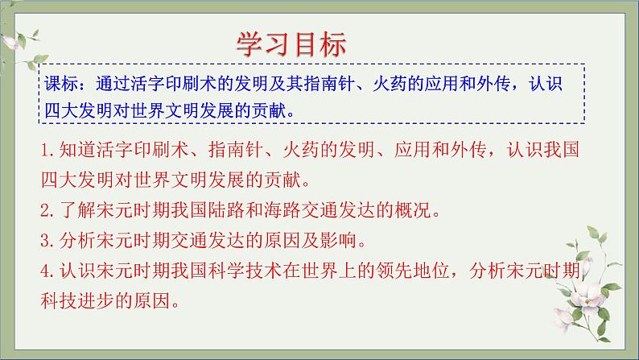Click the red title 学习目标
click(291, 44)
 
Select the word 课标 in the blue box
click(61, 84)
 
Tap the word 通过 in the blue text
click(113, 84)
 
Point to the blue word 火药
click(390, 84)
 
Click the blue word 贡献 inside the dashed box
click(269, 110)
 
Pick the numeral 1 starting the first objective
click(45, 151)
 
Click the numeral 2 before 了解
click(45, 210)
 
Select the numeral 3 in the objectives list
click(45, 241)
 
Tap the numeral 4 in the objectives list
click(45, 271)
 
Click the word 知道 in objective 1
click(77, 150)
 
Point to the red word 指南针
click(236, 150)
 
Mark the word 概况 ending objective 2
click(412, 210)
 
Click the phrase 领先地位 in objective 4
click(412, 271)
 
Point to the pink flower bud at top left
click(10, 42)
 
